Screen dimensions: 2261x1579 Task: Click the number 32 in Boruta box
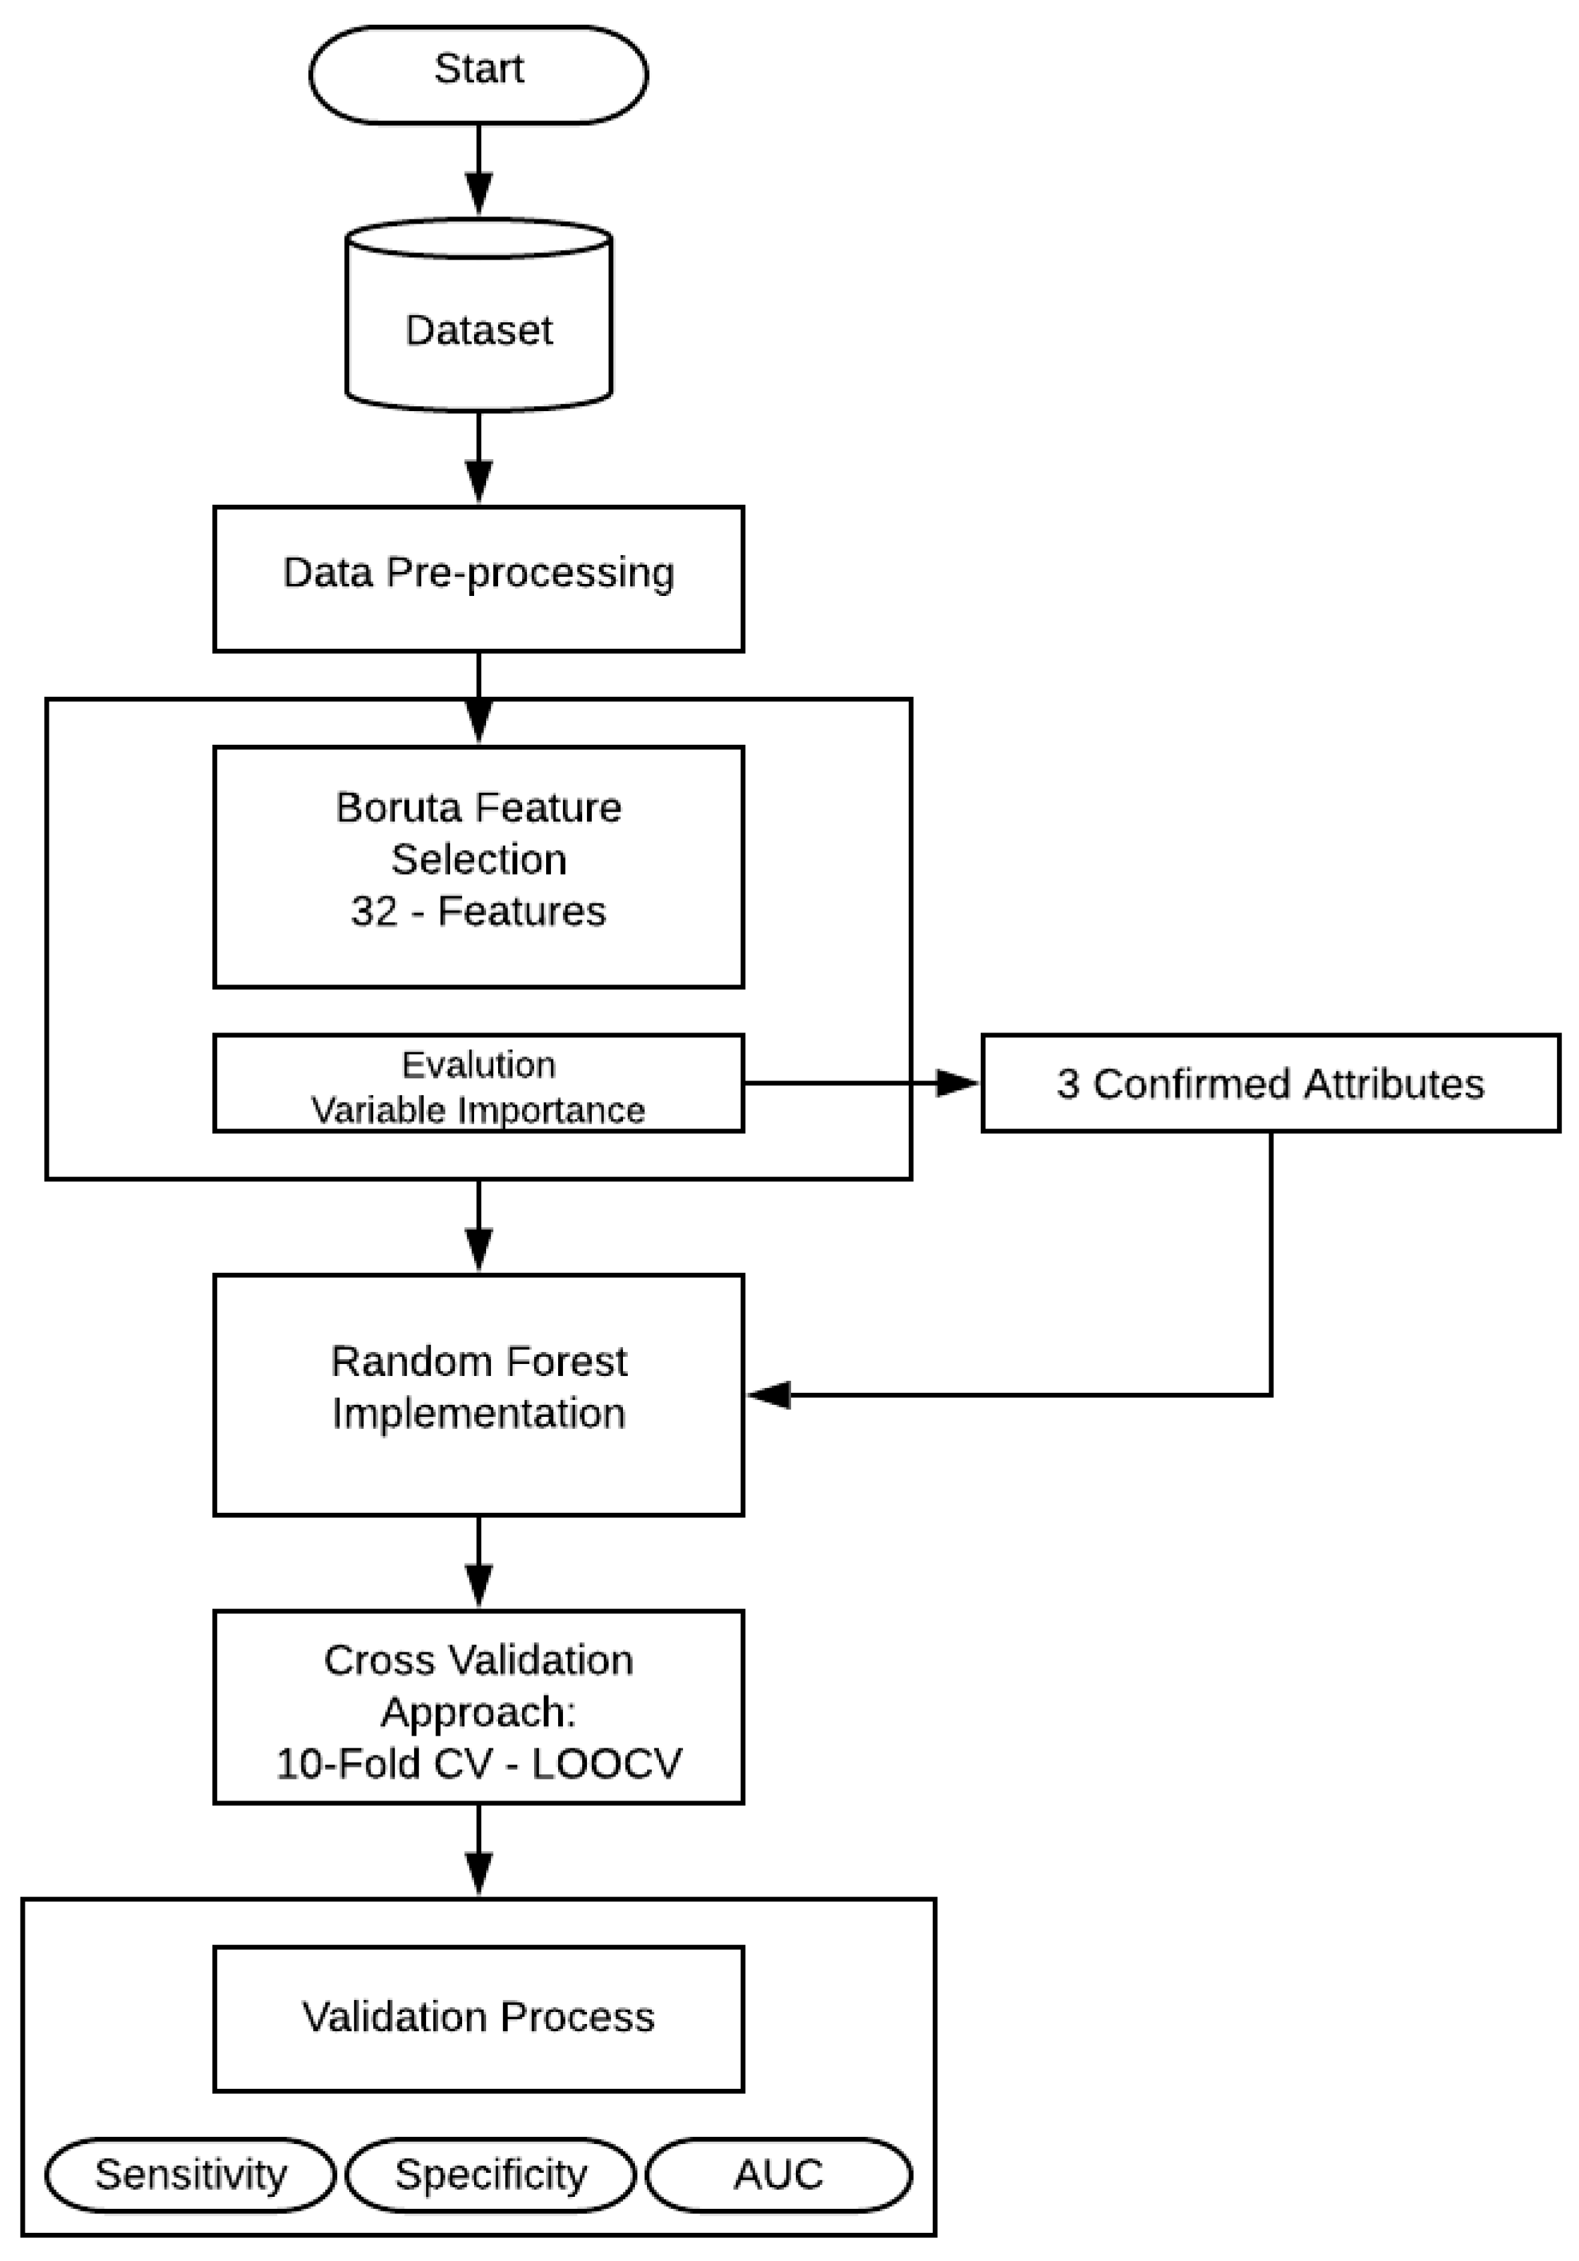click(x=373, y=911)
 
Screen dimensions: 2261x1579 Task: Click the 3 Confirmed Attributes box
click(x=1270, y=1083)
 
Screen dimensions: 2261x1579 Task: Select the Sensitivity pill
click(x=190, y=2174)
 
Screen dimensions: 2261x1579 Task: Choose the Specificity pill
click(x=490, y=2174)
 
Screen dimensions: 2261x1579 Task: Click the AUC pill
click(x=778, y=2174)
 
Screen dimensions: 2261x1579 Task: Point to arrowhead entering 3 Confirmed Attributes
click(x=955, y=1083)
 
